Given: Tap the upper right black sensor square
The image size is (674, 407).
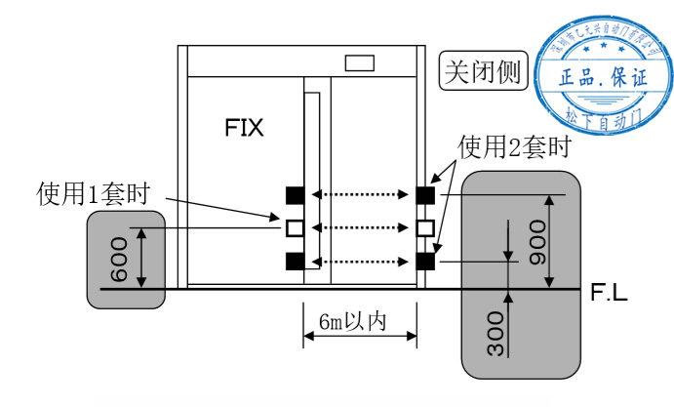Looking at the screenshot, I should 425,195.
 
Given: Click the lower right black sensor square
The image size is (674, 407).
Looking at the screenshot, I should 425,262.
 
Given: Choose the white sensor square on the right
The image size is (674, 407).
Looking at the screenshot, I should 425,228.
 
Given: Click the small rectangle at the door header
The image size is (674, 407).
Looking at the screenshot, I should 360,62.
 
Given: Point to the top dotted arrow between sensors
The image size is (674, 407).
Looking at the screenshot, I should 360,195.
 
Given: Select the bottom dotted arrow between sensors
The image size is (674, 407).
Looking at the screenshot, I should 360,262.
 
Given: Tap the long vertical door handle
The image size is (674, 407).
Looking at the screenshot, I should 310,181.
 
